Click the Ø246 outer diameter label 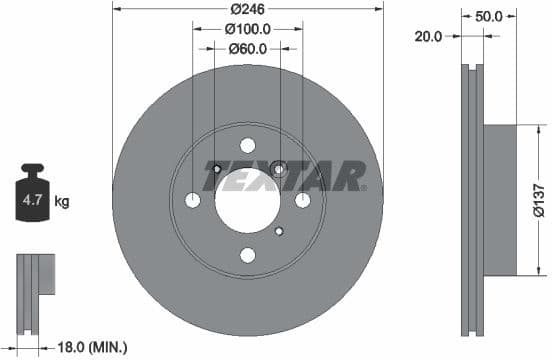click(x=247, y=8)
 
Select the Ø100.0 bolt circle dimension click(x=247, y=28)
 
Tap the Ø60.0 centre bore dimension click(x=247, y=48)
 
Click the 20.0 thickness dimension click(x=428, y=36)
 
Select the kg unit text click(x=62, y=202)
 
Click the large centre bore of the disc click(x=247, y=199)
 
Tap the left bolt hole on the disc click(x=193, y=200)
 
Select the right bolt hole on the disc click(x=302, y=200)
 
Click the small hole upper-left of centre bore click(x=215, y=167)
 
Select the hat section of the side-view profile click(x=502, y=199)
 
